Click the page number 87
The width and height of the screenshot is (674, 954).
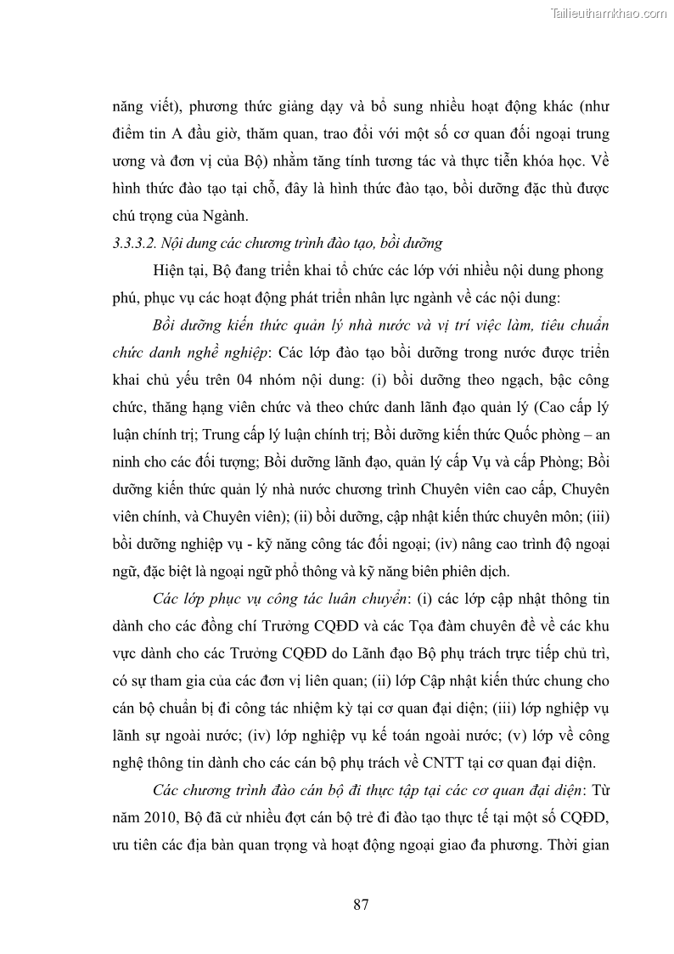pyautogui.click(x=361, y=904)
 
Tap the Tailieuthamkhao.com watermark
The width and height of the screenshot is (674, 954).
pyautogui.click(x=609, y=14)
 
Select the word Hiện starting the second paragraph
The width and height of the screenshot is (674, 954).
pyautogui.click(x=170, y=271)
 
